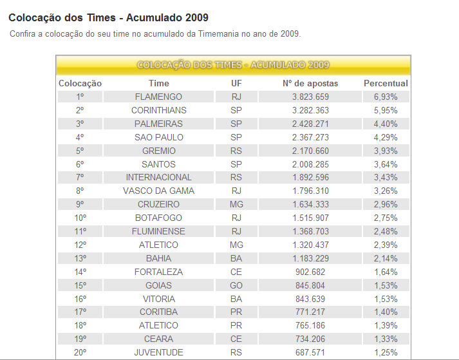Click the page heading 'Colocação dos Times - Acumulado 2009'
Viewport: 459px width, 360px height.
coord(108,17)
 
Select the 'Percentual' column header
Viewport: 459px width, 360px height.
coord(386,83)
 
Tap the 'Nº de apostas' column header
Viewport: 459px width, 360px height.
coord(310,83)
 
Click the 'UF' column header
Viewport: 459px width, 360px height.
coord(236,83)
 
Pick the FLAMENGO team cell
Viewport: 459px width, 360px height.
coord(158,97)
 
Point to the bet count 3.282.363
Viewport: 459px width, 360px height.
coord(310,110)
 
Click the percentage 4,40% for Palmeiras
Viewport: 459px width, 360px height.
coord(386,124)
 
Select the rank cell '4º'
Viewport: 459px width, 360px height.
coord(80,137)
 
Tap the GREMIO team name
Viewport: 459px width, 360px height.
coord(158,151)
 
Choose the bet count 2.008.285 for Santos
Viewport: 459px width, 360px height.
coord(310,164)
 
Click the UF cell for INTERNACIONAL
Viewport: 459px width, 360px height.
coord(236,177)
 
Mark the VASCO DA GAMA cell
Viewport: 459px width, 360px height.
coord(158,191)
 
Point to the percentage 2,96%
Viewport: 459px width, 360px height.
coord(386,204)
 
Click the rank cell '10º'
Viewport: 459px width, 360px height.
coord(80,218)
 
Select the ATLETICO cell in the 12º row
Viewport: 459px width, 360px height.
coord(158,245)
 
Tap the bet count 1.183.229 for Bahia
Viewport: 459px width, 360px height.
coord(310,258)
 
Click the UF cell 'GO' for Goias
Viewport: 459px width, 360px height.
coord(236,285)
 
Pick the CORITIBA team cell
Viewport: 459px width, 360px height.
coord(158,312)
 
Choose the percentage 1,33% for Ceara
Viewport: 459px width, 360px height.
coord(386,339)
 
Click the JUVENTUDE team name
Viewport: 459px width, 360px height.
coord(158,352)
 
